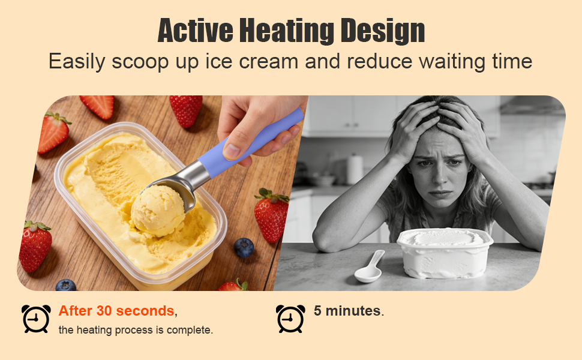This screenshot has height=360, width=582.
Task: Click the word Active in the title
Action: pyautogui.click(x=194, y=31)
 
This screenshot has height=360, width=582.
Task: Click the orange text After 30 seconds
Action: pyautogui.click(x=116, y=311)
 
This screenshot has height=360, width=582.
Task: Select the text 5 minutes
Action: pyautogui.click(x=347, y=311)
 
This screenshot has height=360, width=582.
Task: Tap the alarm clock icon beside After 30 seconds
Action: pyautogui.click(x=36, y=319)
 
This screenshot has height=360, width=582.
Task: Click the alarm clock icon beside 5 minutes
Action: pyautogui.click(x=290, y=319)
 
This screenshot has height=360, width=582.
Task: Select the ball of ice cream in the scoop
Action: pyautogui.click(x=158, y=211)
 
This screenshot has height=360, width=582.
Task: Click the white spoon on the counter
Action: pyautogui.click(x=368, y=268)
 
